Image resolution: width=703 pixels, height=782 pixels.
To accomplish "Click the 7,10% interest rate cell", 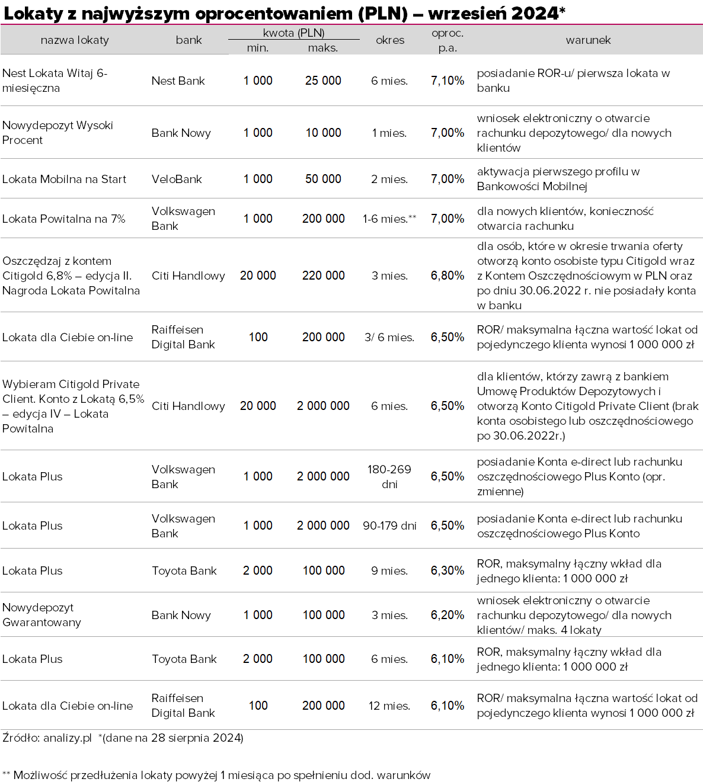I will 448,81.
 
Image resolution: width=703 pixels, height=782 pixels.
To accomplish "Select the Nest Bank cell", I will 178,81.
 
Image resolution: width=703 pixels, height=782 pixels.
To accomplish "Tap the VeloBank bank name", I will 177,179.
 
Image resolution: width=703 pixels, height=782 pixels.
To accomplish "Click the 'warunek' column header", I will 588,40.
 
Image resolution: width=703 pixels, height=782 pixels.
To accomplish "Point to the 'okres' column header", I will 390,40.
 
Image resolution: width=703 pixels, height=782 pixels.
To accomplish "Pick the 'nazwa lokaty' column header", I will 75,40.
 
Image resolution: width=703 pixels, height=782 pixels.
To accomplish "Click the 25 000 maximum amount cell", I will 323,81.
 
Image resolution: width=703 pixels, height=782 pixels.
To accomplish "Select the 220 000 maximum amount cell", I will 323,275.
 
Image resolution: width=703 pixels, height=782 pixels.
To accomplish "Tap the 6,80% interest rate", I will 448,275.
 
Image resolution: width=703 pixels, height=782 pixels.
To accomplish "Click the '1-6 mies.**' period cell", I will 389,219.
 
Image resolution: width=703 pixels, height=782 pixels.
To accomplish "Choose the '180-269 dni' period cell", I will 389,476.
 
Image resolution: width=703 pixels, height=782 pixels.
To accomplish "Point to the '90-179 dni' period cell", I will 389,525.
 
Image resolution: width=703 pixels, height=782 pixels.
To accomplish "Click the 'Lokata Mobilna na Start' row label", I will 64,179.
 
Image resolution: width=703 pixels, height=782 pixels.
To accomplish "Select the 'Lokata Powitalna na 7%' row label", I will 63,219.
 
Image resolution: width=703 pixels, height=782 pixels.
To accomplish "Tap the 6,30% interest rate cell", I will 448,571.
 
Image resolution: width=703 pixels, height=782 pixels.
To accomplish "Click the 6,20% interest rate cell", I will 448,615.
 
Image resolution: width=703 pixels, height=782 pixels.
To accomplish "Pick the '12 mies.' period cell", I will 389,706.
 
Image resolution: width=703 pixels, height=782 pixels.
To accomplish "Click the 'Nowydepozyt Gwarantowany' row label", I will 41,615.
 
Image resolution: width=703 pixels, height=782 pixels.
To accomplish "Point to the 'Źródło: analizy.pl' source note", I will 47,738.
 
